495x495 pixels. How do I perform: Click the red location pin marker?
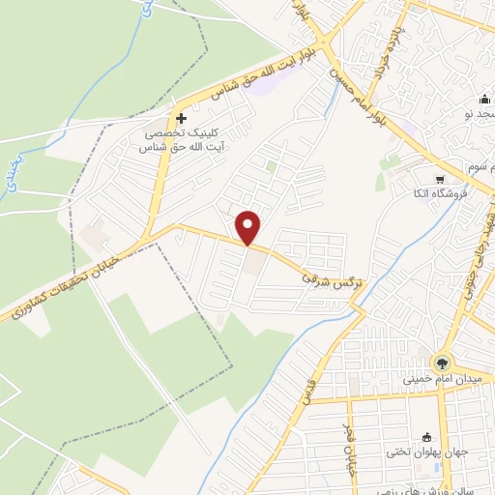click(x=249, y=226)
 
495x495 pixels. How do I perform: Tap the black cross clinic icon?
click(x=181, y=117)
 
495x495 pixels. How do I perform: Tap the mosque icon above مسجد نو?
click(x=484, y=100)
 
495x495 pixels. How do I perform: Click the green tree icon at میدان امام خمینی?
click(x=442, y=364)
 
